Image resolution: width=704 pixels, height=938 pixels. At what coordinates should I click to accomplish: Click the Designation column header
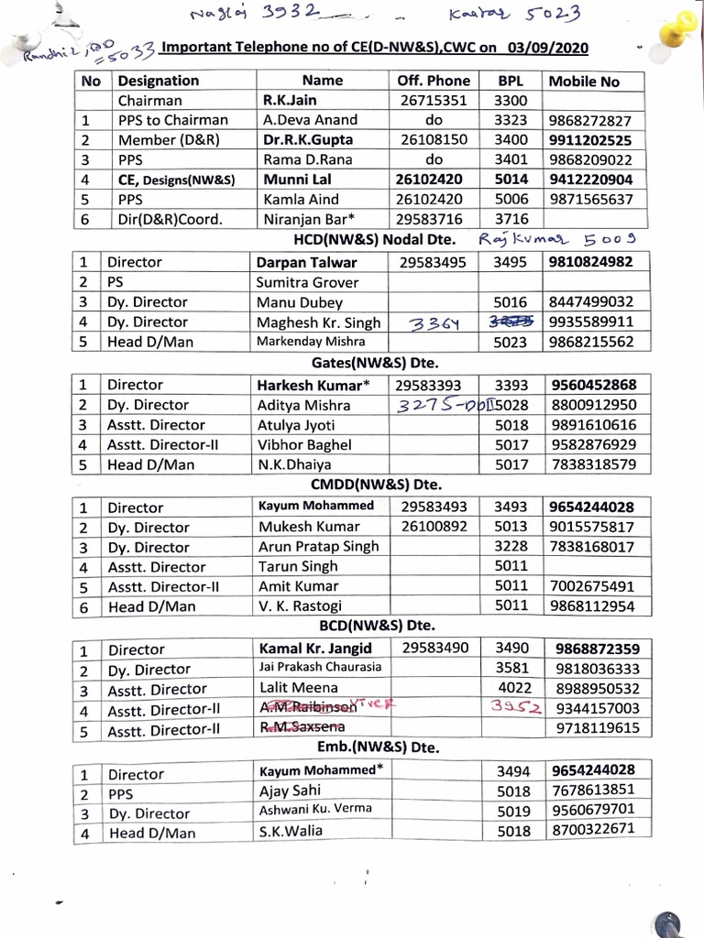158,81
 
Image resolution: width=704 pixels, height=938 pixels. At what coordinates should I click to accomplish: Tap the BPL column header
510,81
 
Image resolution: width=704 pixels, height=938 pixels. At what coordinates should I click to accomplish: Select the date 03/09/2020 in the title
547,48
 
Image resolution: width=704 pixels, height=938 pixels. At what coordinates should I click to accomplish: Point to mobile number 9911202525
590,140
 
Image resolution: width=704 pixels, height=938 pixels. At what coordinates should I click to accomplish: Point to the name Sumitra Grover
307,282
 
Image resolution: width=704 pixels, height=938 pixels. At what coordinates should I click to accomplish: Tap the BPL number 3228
511,547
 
